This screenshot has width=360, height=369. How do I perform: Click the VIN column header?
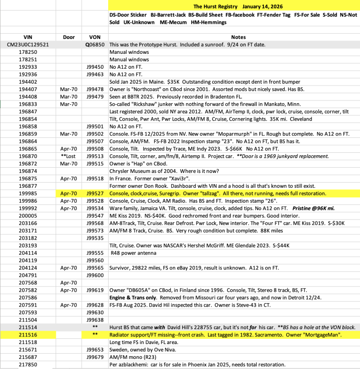28,37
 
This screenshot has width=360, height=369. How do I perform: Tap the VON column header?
95,37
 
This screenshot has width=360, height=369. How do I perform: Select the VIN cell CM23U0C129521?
28,44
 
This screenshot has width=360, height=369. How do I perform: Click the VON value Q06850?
95,44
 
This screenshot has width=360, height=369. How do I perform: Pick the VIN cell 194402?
28,82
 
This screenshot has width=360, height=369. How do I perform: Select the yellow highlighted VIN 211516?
28,334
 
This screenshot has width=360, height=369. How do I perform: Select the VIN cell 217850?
28,364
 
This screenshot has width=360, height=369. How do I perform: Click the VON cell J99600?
95,275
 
